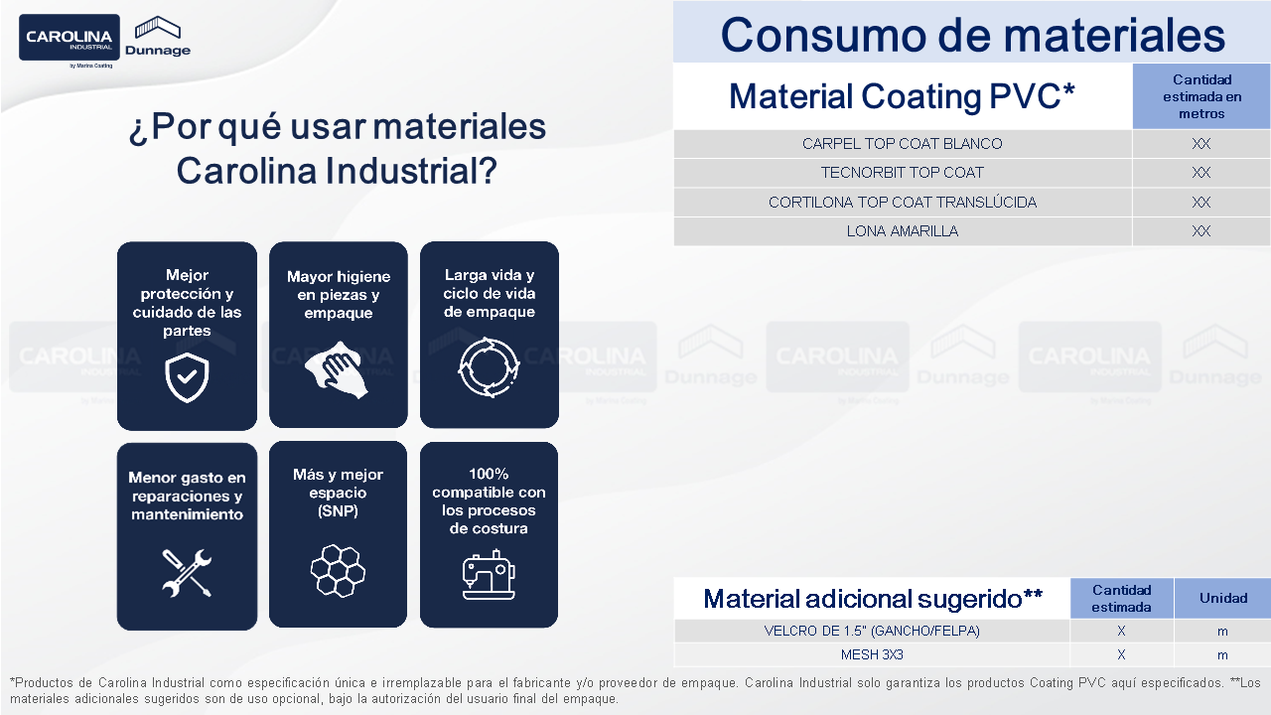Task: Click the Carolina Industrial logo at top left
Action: (x=70, y=38)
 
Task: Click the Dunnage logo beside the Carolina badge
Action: (x=158, y=37)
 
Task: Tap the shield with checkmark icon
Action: (x=187, y=377)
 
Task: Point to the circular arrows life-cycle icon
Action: (x=489, y=367)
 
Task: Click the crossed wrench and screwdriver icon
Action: (x=187, y=573)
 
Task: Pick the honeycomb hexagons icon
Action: (x=338, y=570)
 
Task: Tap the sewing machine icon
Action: (x=489, y=574)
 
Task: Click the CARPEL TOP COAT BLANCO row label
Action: (x=903, y=144)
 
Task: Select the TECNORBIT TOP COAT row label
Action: (x=903, y=173)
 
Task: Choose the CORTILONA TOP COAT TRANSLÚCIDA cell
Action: (x=903, y=202)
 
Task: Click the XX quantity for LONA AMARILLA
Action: (x=1201, y=231)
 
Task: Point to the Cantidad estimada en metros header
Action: (x=1201, y=96)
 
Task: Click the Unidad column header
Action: (x=1222, y=598)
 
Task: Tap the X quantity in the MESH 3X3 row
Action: (x=1121, y=654)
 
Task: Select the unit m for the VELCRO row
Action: (x=1222, y=632)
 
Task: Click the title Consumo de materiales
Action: (x=972, y=35)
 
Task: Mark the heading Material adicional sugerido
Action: (x=873, y=599)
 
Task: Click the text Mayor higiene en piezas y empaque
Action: (x=339, y=295)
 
